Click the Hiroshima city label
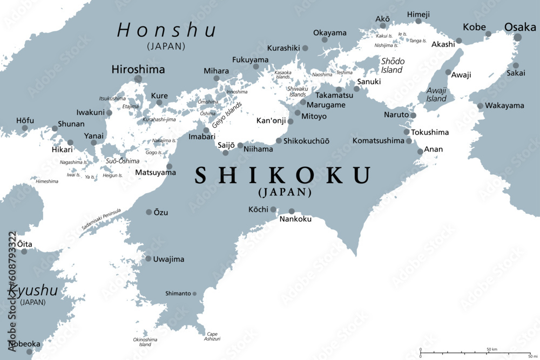138,70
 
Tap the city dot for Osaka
518,37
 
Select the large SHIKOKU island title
283,175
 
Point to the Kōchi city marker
274,209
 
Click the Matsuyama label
155,173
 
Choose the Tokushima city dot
407,132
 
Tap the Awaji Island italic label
436,94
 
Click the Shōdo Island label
392,66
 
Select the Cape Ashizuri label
213,336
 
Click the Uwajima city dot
148,259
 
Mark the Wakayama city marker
480,106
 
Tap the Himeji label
418,13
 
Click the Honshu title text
166,31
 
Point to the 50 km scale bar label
492,349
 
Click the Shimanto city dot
195,294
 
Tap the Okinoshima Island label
145,342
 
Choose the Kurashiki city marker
305,48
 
